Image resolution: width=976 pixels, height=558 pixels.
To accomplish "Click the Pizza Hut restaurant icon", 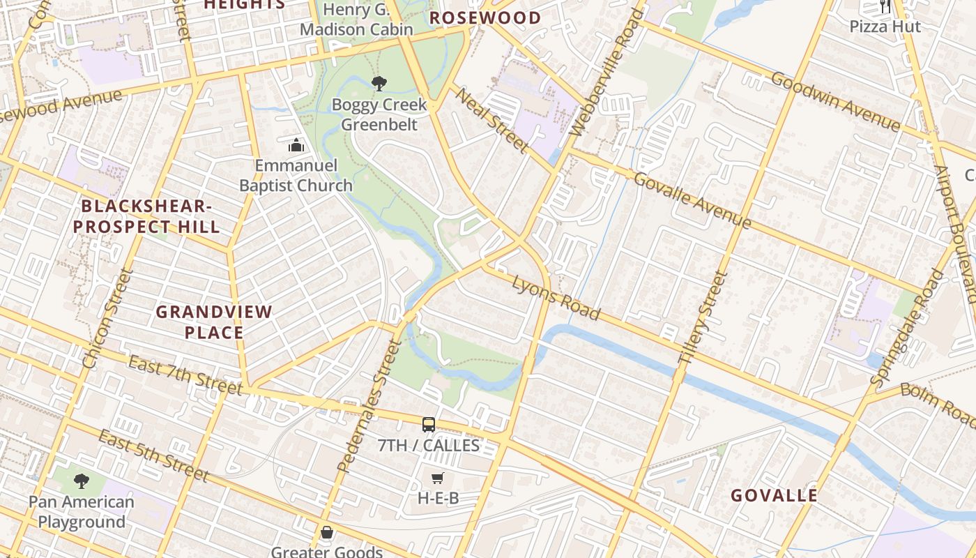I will pyautogui.click(x=885, y=7).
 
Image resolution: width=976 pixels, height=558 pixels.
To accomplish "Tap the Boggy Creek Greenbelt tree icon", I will pyautogui.click(x=379, y=84).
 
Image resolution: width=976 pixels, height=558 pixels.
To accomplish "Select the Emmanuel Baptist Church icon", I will pyautogui.click(x=296, y=146).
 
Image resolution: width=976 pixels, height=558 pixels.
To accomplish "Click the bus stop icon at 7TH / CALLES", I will pyautogui.click(x=429, y=424).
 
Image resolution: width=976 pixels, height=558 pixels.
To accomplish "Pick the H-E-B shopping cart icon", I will pyautogui.click(x=437, y=478).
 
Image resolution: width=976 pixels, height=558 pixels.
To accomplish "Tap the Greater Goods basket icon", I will pyautogui.click(x=326, y=533).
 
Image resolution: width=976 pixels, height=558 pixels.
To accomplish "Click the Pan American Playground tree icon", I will pyautogui.click(x=82, y=481).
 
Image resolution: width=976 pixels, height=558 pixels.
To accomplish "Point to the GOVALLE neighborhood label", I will pyautogui.click(x=774, y=496).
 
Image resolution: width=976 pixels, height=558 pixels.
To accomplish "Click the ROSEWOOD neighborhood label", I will pyautogui.click(x=485, y=18).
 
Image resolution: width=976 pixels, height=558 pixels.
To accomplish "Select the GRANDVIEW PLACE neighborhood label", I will pyautogui.click(x=214, y=322).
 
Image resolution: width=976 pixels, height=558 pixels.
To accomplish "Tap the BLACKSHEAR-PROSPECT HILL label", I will pyautogui.click(x=147, y=216).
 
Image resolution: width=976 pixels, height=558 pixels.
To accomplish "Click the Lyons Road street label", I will pyautogui.click(x=556, y=298).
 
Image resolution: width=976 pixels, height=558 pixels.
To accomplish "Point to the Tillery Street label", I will pyautogui.click(x=703, y=318).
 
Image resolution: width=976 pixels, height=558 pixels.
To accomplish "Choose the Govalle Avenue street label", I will pyautogui.click(x=692, y=200).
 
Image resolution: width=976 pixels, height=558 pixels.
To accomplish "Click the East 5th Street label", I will pyautogui.click(x=153, y=456).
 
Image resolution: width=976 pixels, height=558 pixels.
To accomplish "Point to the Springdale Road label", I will pyautogui.click(x=906, y=328).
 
